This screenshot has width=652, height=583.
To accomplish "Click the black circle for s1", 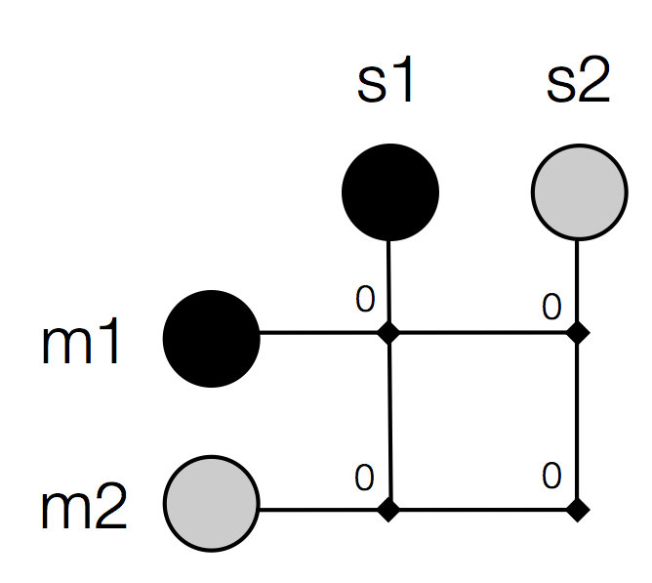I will [390, 191].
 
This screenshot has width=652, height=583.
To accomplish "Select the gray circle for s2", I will [579, 191].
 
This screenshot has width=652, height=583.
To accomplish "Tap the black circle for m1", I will [211, 339].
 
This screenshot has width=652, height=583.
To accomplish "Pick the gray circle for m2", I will [211, 505].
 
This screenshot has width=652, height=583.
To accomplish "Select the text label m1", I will [82, 344].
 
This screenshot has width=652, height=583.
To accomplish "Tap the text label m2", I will [84, 510].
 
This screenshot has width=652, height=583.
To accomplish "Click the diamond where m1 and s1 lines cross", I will [389, 333].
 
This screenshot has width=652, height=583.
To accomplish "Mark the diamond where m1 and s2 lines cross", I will [579, 333].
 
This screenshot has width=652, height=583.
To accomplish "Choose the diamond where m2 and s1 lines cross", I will [390, 509].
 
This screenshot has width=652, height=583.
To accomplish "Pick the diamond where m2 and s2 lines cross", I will [579, 509].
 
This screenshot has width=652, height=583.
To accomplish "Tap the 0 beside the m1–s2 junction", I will [551, 308].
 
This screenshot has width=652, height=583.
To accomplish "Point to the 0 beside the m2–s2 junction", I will [551, 477].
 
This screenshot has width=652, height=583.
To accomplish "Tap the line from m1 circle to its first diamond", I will [322, 333].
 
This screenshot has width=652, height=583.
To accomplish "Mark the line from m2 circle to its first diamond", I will [322, 509].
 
